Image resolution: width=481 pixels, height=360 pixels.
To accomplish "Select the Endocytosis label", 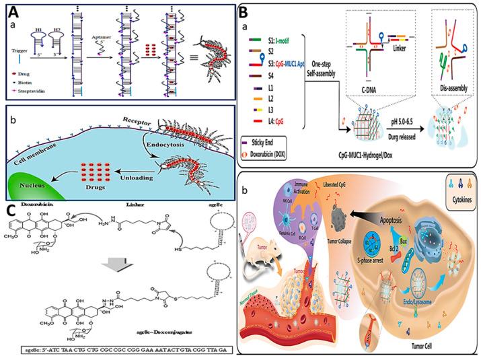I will coord(148,160).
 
